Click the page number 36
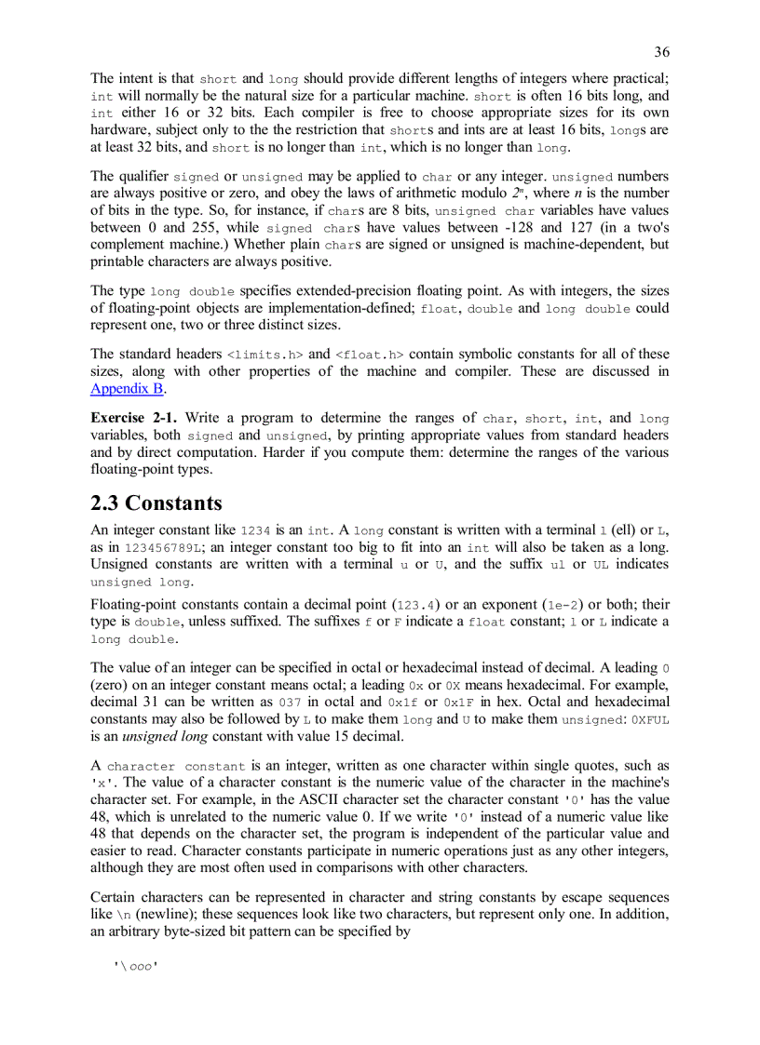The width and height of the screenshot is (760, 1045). pyautogui.click(x=661, y=52)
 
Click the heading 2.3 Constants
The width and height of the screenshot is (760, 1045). pyautogui.click(x=156, y=503)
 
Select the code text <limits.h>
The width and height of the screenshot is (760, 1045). pyautogui.click(x=265, y=355)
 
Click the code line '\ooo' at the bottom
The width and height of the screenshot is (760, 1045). pyautogui.click(x=134, y=967)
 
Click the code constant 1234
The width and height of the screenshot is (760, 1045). pyautogui.click(x=256, y=529)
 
